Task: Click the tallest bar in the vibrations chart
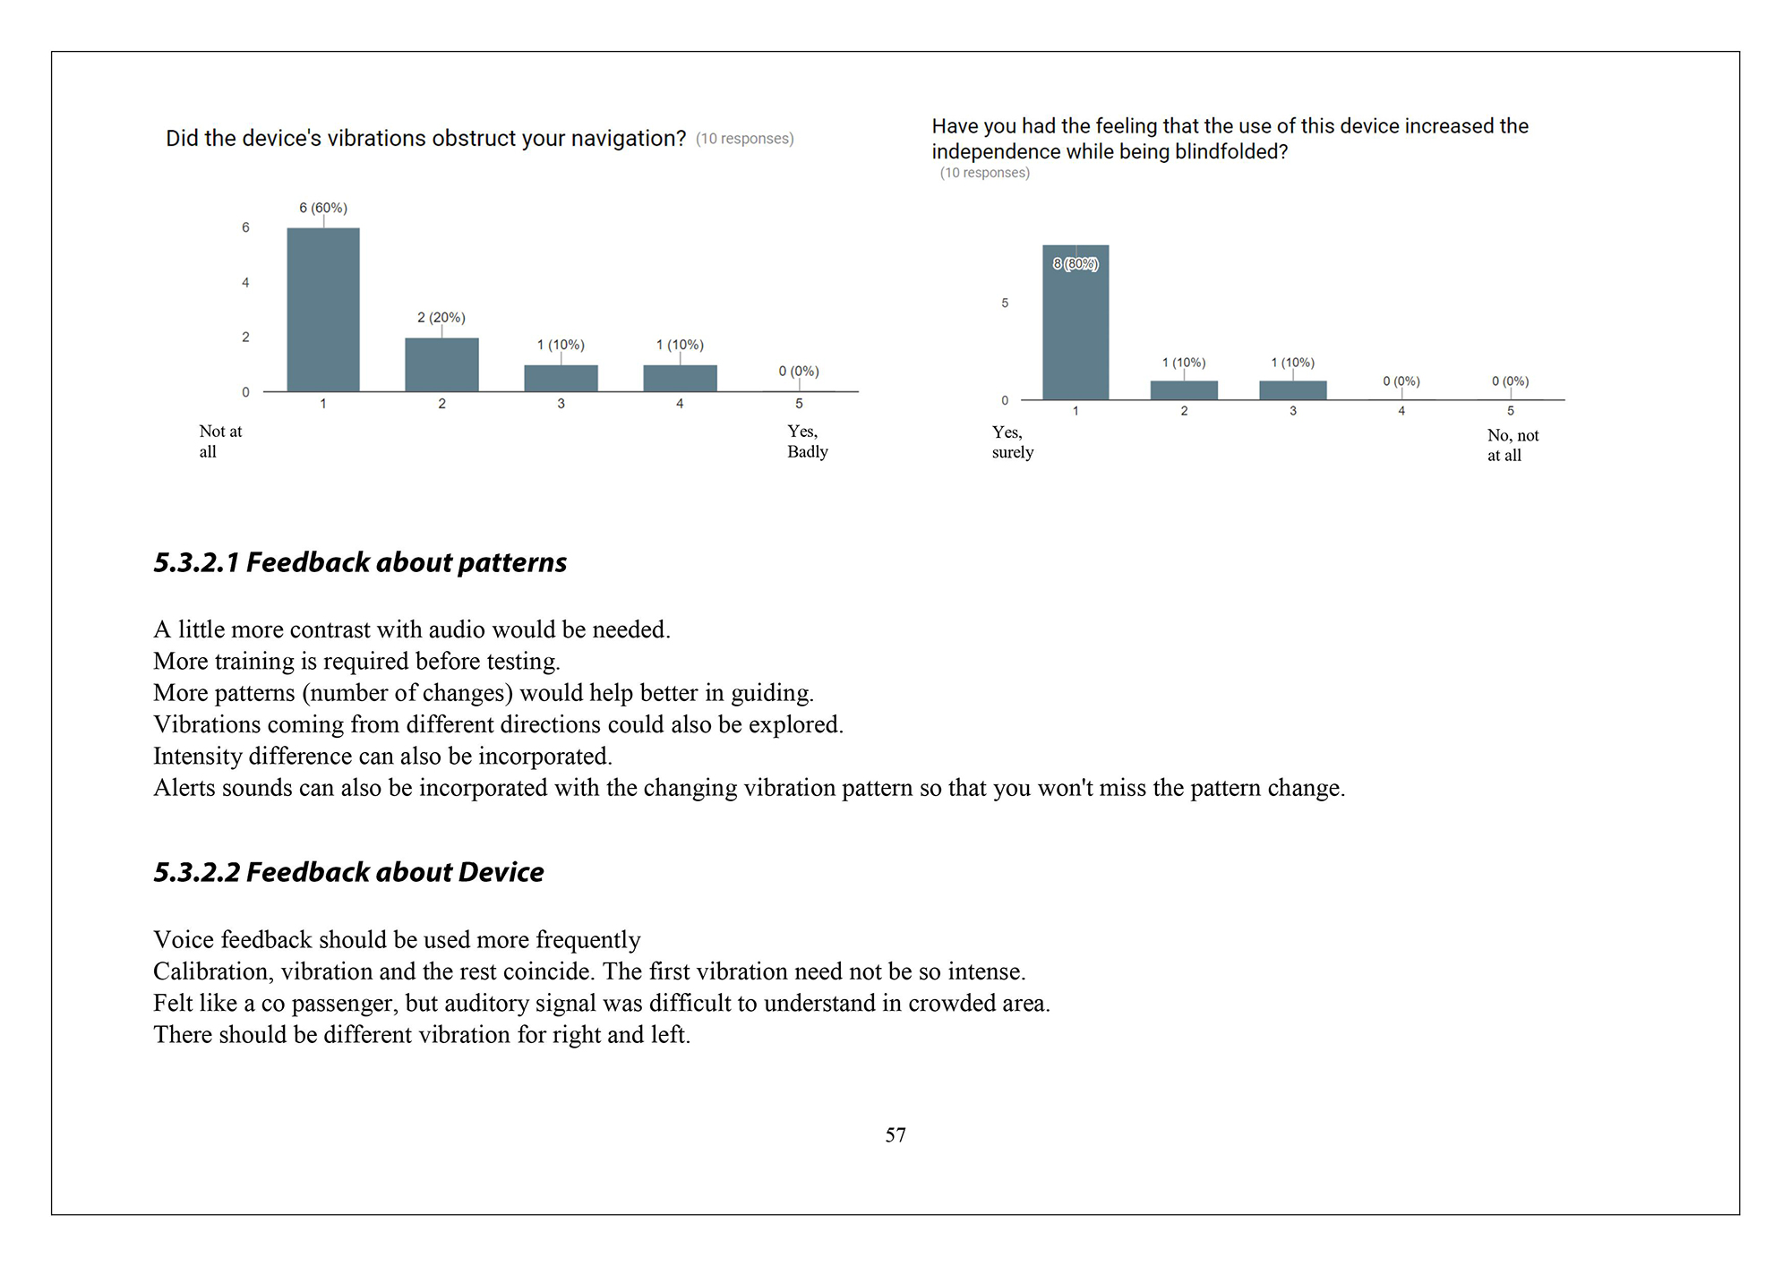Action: click(323, 310)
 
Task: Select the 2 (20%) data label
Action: click(441, 318)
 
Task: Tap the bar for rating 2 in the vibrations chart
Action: click(441, 364)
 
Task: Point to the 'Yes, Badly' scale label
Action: click(807, 441)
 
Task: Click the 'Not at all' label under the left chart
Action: click(220, 441)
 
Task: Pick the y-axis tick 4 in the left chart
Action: click(245, 283)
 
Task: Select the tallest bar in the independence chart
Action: click(1075, 322)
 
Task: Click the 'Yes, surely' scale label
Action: click(1012, 442)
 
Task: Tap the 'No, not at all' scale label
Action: click(1512, 445)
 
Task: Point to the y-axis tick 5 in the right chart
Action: click(1005, 304)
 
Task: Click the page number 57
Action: click(895, 1135)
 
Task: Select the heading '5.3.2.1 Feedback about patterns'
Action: click(360, 562)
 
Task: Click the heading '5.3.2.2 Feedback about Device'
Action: click(348, 872)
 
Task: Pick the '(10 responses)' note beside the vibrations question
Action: click(744, 139)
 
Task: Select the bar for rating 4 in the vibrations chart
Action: click(680, 378)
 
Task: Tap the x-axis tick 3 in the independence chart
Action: click(1293, 411)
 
